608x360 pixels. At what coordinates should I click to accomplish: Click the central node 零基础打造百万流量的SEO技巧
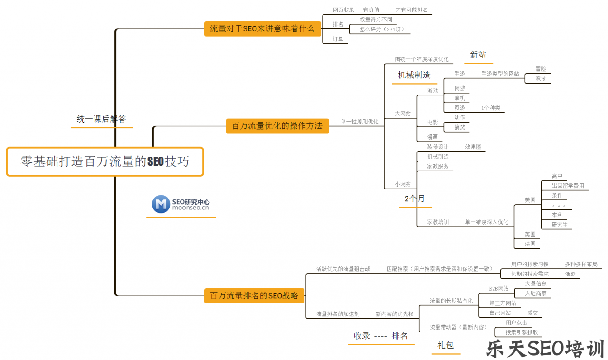pos(104,161)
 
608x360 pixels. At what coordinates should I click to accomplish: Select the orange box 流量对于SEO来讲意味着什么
pos(262,28)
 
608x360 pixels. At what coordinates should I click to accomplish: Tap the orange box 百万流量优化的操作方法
pos(277,126)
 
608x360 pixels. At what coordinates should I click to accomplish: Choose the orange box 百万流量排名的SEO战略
pos(254,295)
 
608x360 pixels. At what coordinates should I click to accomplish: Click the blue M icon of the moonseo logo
pos(161,204)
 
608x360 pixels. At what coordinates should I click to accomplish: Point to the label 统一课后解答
pos(102,119)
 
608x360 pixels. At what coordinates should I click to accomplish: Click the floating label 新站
pos(478,55)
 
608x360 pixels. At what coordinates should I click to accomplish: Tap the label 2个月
pos(415,199)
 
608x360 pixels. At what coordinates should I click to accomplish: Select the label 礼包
pos(446,345)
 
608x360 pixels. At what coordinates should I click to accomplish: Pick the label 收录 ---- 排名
pos(381,336)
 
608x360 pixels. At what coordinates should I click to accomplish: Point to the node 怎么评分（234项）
pos(381,29)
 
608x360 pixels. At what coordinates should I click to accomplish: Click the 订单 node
pos(338,39)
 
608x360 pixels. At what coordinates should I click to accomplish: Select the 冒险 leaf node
pos(541,69)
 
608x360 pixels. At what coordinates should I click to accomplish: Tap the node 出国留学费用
pos(568,186)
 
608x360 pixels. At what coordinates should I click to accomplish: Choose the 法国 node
pos(530,244)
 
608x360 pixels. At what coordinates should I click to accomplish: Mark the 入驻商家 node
pos(535,294)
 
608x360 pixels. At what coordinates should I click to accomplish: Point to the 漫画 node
pos(432,137)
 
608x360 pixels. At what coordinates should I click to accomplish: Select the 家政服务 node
pos(437,166)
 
